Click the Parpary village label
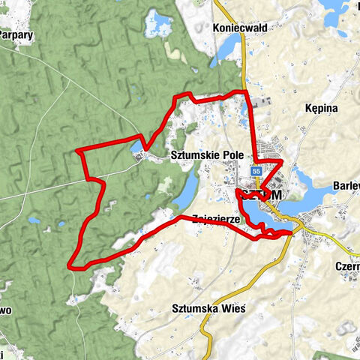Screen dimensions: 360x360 (x=15, y=34)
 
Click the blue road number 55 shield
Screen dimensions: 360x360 (x=256, y=172)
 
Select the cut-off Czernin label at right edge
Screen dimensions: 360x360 (x=349, y=266)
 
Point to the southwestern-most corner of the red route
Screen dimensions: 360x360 (x=70, y=266)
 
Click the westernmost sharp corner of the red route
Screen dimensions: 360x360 (x=77, y=151)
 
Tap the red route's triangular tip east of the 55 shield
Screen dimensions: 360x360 (x=280, y=161)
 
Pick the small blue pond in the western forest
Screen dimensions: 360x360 (x=34, y=221)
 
